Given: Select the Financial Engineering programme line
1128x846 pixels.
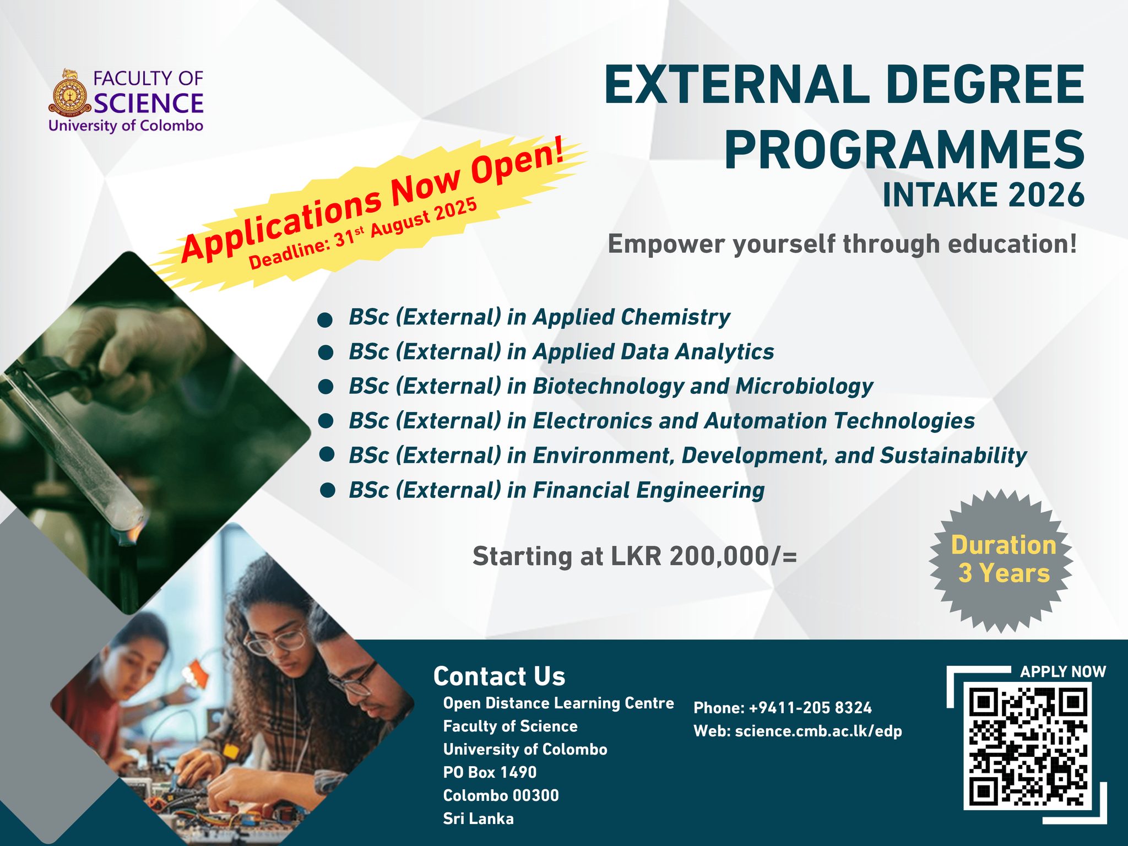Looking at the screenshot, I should tap(556, 490).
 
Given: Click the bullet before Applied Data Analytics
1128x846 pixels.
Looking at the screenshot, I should tap(326, 353).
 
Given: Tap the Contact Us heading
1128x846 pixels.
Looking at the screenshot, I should tap(499, 676).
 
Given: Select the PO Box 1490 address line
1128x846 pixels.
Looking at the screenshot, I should tap(490, 772).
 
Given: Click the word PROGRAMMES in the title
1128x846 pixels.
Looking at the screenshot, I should tap(903, 150).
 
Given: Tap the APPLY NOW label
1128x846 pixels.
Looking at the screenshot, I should tap(1062, 672).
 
